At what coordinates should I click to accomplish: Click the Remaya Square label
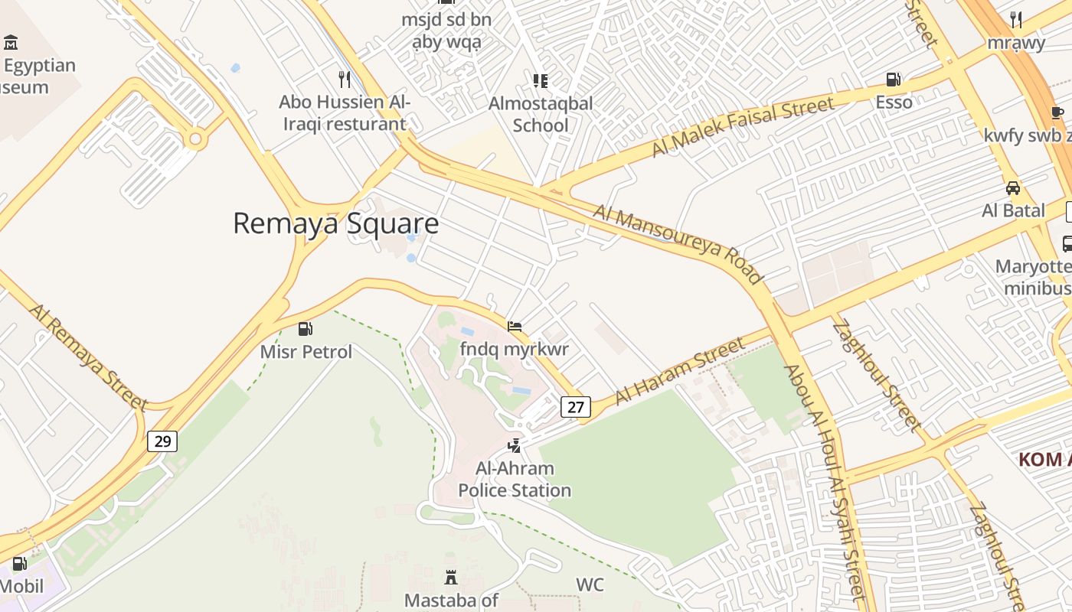coord(335,223)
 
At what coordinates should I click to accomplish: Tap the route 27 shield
coord(575,407)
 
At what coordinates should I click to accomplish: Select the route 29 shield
coord(162,441)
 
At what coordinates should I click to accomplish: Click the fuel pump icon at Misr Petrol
coord(306,329)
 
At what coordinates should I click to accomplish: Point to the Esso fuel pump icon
coord(894,80)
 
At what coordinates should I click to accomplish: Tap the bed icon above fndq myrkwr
coord(515,327)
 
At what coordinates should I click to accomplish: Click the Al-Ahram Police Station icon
coord(515,445)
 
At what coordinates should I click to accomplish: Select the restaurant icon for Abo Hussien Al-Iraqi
coord(345,79)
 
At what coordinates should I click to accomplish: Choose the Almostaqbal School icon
coord(541,81)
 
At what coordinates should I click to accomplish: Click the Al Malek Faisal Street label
coord(742,127)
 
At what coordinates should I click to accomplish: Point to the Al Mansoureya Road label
coord(678,243)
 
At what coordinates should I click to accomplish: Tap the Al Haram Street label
coord(680,370)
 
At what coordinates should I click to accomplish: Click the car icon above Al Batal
coord(1012,188)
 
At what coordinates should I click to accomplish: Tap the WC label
coord(590,585)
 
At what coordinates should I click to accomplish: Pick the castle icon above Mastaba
coord(451,578)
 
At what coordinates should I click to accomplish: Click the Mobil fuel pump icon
coord(19,565)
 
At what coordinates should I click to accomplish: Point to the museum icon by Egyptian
coord(11,42)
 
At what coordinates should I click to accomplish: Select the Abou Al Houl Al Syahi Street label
coord(824,483)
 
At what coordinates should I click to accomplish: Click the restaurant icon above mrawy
coord(1016,19)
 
